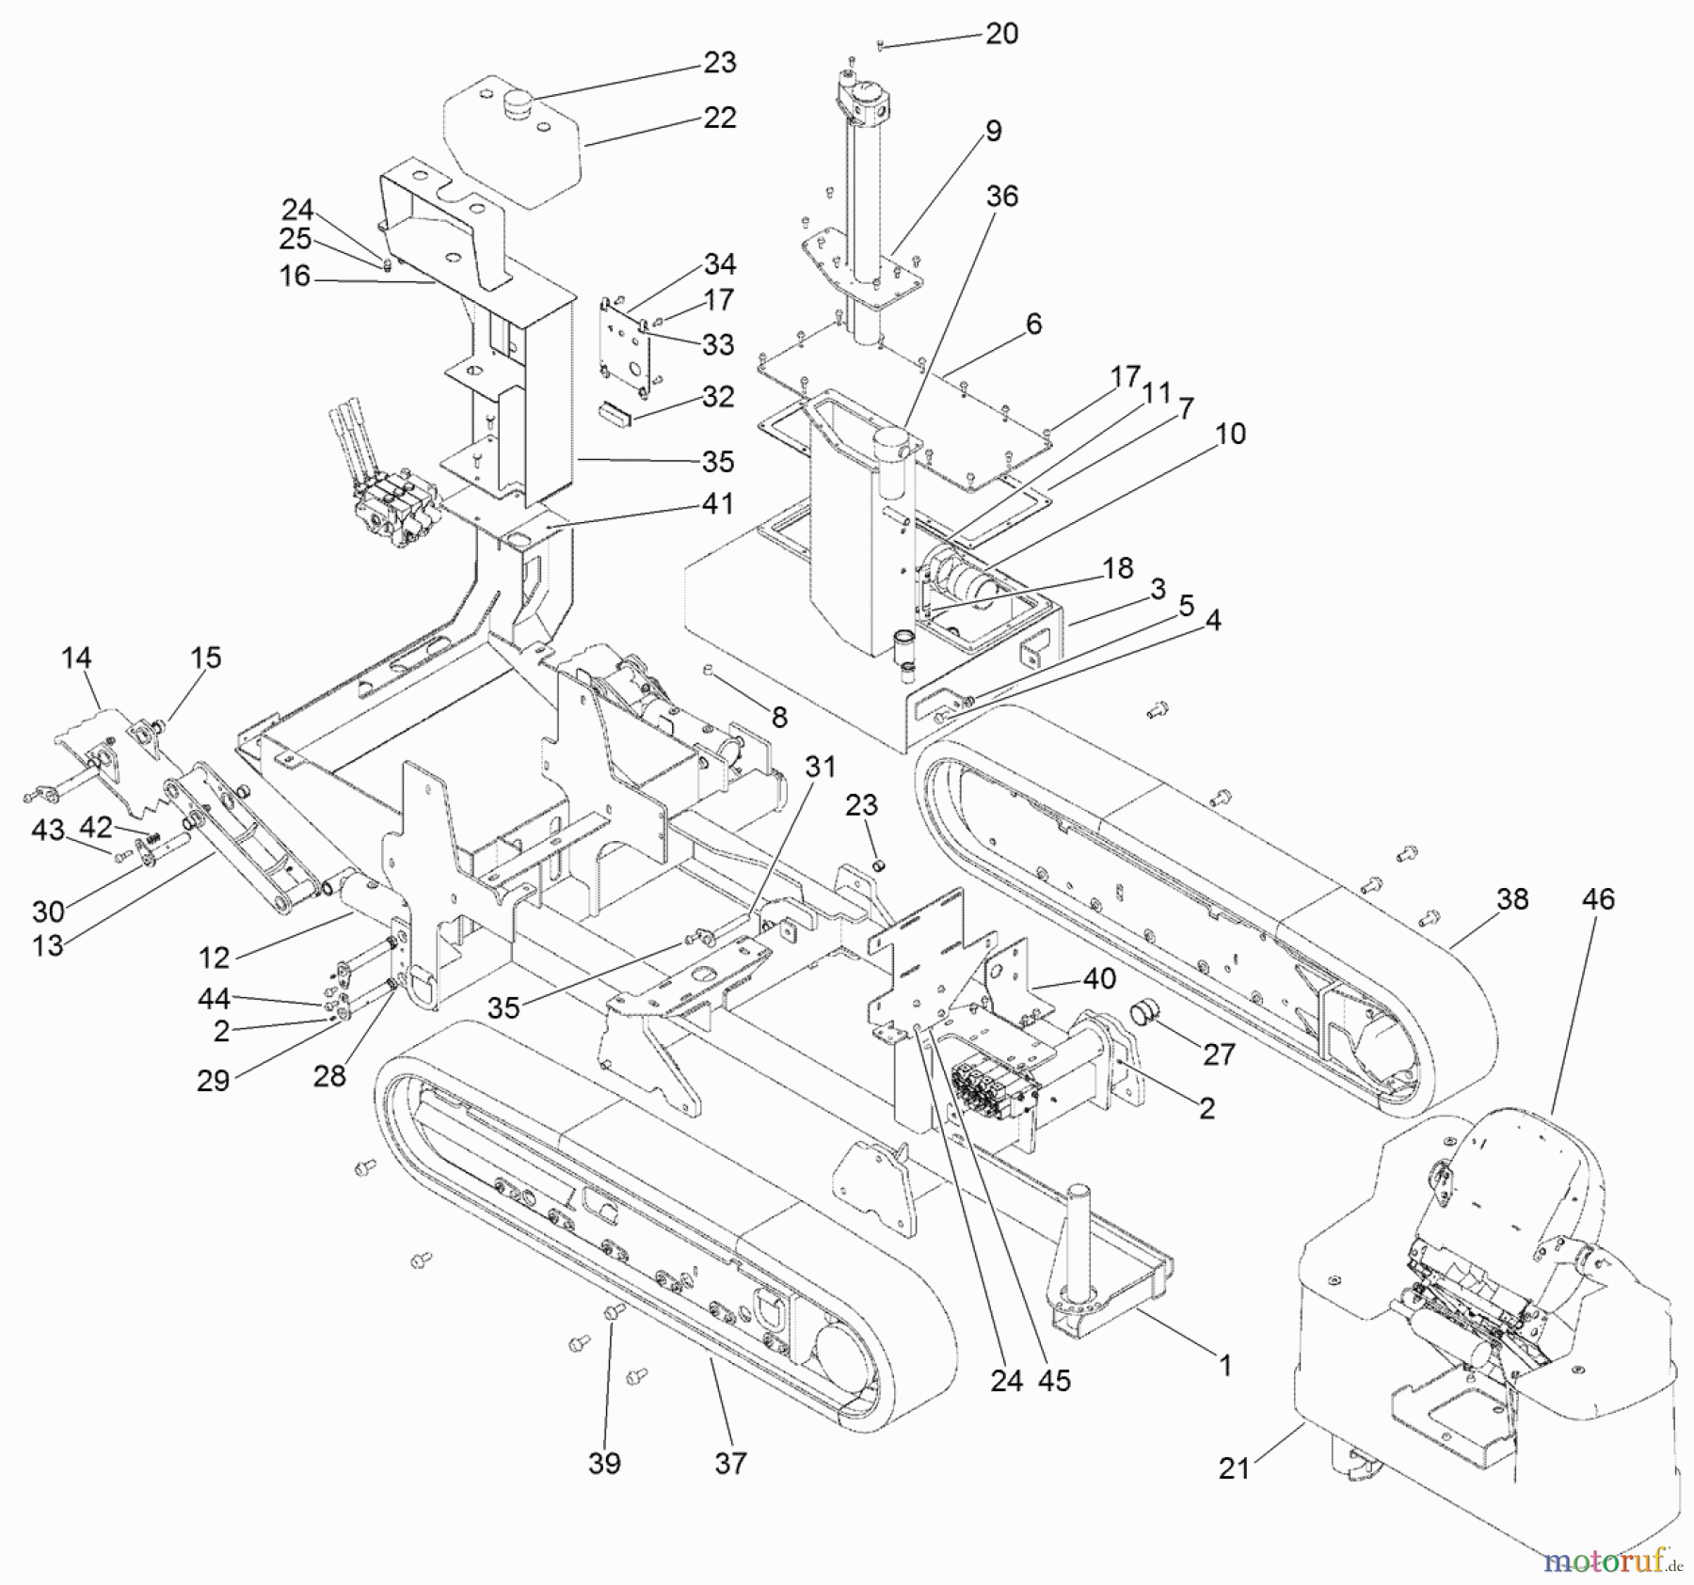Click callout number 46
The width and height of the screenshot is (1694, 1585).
point(1597,899)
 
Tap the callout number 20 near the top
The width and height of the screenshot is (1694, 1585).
point(1001,34)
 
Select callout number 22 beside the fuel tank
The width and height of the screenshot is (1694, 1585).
point(719,119)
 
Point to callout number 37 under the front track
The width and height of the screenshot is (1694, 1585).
point(730,1464)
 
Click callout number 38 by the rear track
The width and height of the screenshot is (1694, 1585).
point(1511,899)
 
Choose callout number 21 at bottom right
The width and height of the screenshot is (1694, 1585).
point(1234,1467)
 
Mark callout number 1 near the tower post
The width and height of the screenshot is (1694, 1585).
point(1224,1365)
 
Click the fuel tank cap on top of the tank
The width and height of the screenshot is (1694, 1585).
point(518,101)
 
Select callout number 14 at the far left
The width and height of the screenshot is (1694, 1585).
point(76,658)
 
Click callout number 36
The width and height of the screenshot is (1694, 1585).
point(1001,196)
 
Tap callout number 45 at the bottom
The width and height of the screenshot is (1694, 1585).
point(1054,1380)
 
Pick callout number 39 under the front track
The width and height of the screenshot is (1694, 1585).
point(604,1464)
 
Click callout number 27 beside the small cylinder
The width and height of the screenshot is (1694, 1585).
point(1218,1054)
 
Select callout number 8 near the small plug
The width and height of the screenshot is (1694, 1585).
point(778,718)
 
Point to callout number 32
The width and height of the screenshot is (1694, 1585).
point(718,396)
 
